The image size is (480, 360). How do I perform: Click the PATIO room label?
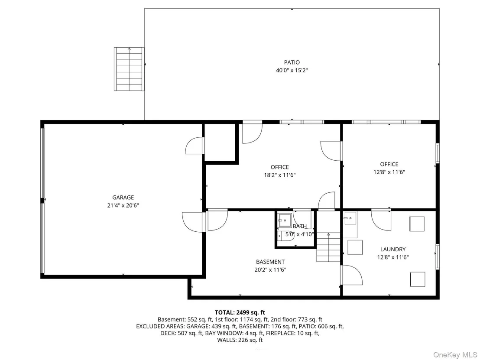pos(292,62)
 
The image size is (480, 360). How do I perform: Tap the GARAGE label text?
pos(123,198)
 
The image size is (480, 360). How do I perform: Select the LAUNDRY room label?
pos(393,249)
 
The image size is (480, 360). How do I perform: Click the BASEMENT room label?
pos(270,262)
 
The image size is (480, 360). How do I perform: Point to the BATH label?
pos(299,226)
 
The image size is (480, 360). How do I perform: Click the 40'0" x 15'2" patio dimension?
pos(292,71)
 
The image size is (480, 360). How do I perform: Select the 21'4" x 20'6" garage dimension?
pos(123,205)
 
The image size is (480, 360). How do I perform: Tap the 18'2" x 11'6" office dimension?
pos(280,175)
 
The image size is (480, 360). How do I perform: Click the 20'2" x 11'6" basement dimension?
pos(270,270)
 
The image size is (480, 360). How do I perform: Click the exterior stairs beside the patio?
pos(129,69)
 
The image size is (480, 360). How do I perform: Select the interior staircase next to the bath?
pos(328,247)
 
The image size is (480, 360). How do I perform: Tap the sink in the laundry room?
pos(350,218)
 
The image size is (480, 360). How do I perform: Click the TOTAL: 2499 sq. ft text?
pos(240,312)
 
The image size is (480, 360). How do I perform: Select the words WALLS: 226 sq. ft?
pos(240,340)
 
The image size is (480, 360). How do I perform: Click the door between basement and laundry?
pos(351,275)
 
